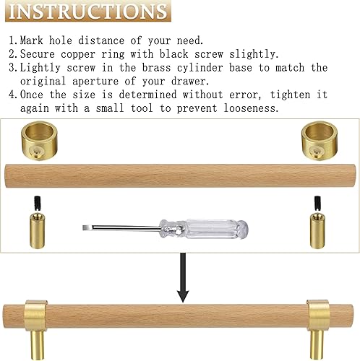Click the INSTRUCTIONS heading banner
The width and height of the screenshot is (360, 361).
pyautogui.click(x=87, y=11)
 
